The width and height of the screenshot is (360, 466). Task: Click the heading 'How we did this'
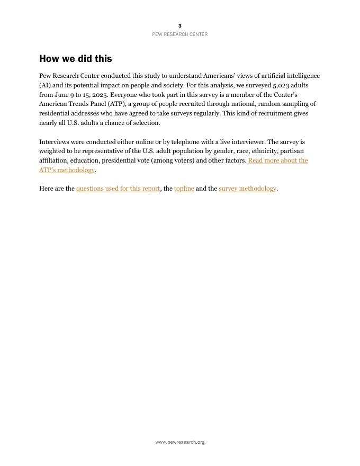(x=75, y=59)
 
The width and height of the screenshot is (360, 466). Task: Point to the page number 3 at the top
(x=180, y=25)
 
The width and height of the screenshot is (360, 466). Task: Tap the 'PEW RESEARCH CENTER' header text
(x=180, y=34)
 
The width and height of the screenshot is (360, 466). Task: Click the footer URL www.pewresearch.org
(x=180, y=442)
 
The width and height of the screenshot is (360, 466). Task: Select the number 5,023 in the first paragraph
(x=283, y=85)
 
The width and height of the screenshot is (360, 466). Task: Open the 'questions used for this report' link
(x=118, y=189)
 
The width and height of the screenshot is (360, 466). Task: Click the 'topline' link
(x=184, y=189)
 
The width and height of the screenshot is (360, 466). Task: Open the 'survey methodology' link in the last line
(x=247, y=189)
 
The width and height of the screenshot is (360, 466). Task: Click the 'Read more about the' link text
(x=277, y=160)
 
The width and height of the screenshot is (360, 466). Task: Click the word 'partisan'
(x=292, y=151)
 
